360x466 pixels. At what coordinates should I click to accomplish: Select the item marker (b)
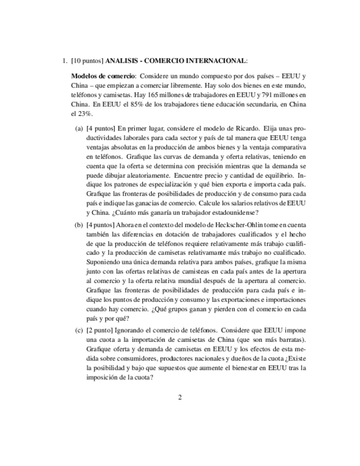tap(79, 225)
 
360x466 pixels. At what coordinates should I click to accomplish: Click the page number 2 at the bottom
tap(180, 398)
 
